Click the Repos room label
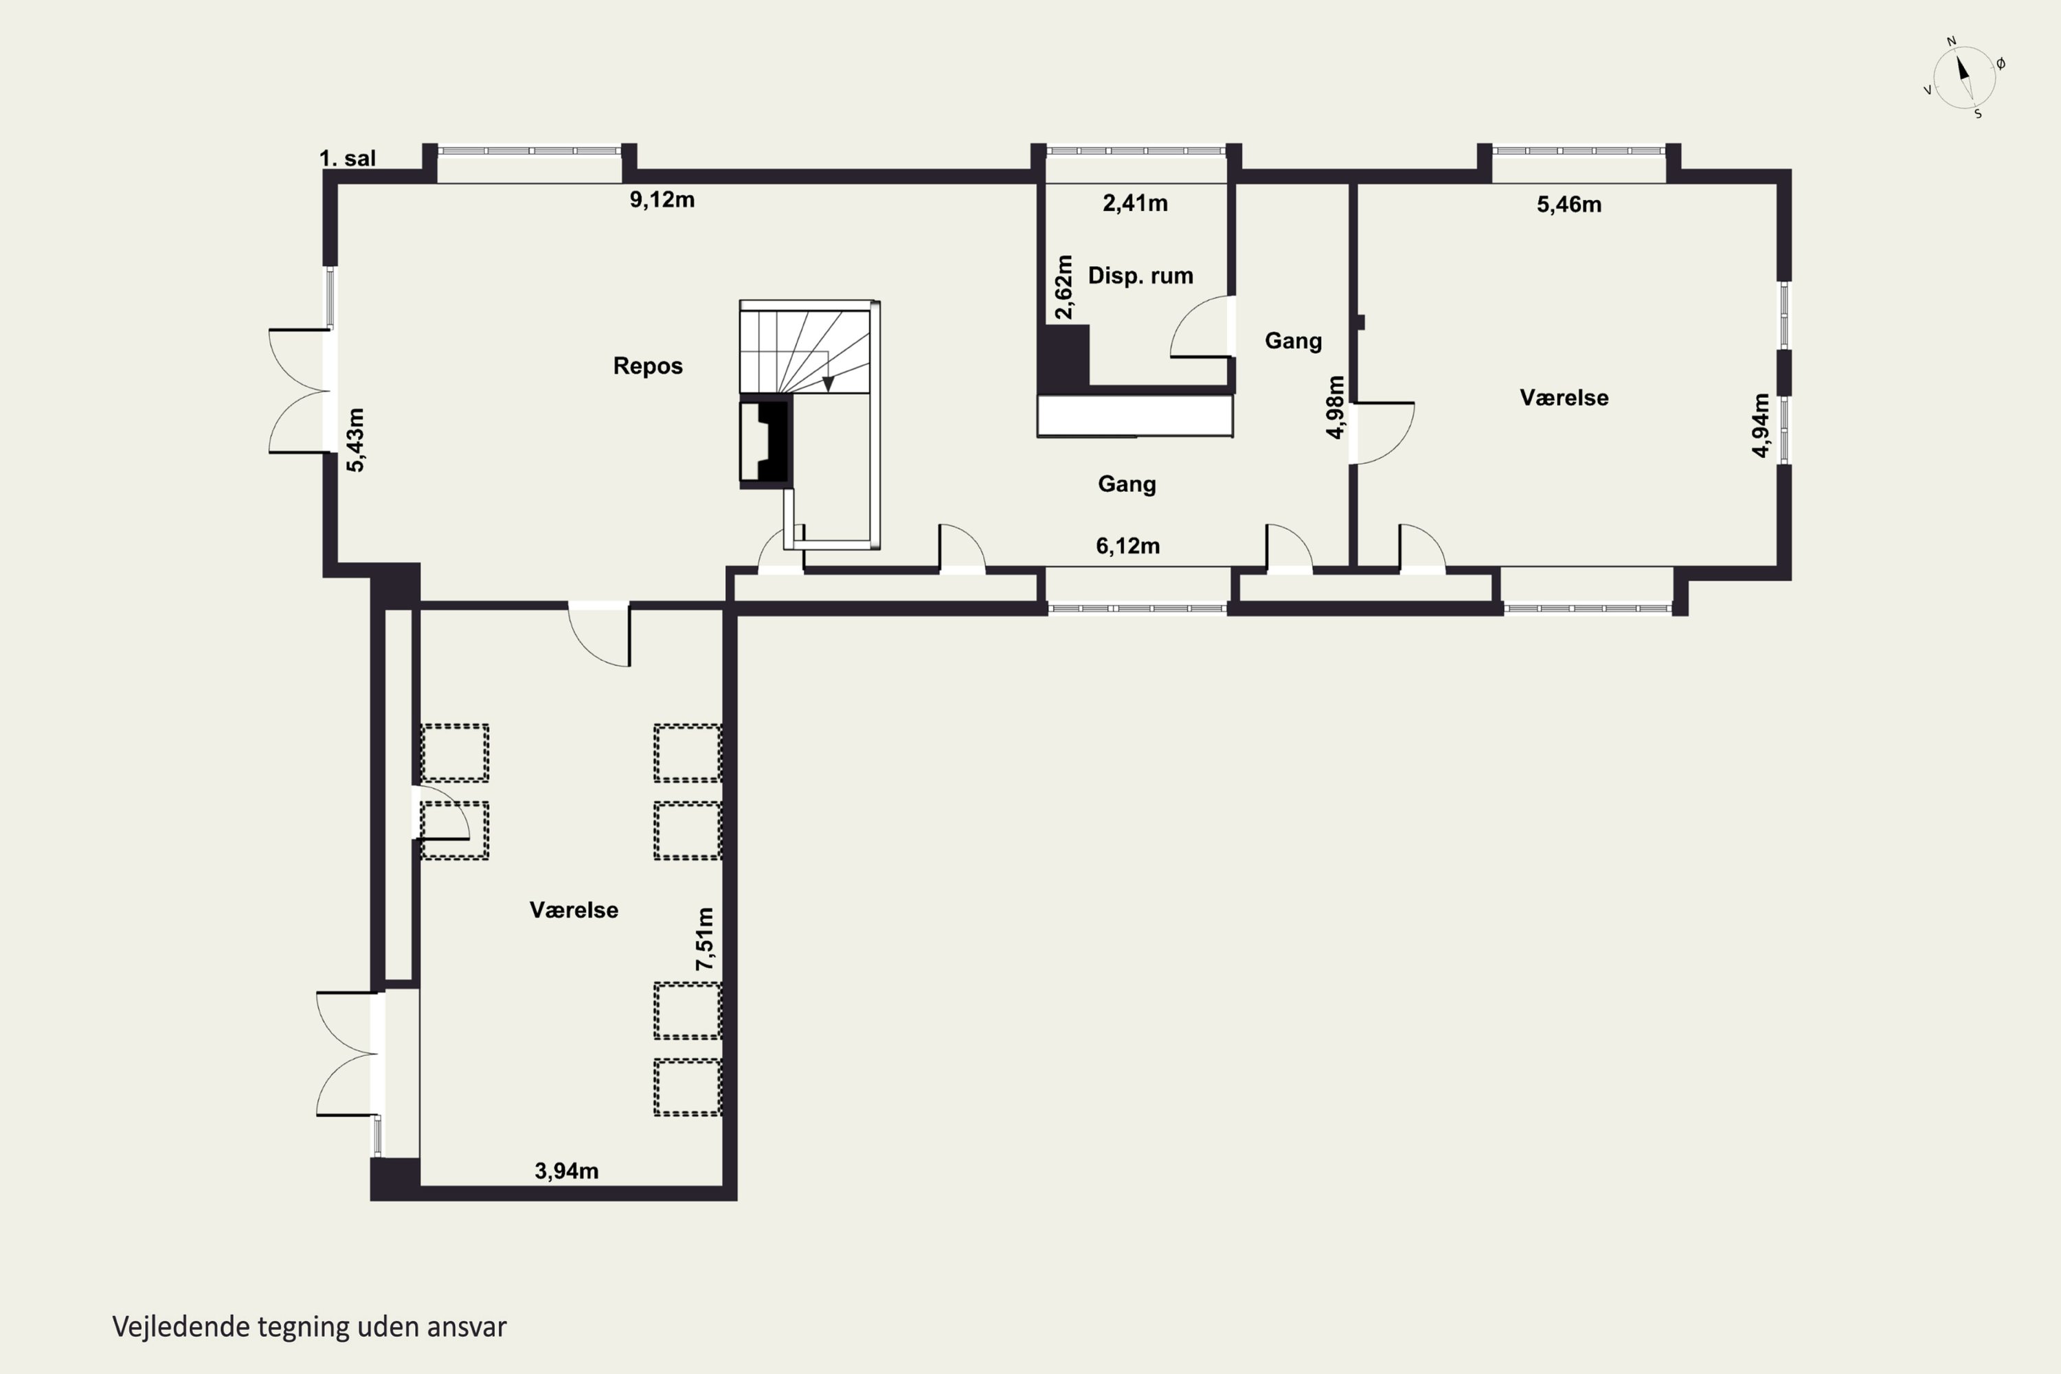pyautogui.click(x=648, y=366)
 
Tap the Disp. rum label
pyautogui.click(x=1140, y=276)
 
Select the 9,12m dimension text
pyautogui.click(x=662, y=201)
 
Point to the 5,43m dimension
pyautogui.click(x=355, y=440)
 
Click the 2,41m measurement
pyautogui.click(x=1135, y=204)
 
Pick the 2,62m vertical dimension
pyautogui.click(x=1063, y=287)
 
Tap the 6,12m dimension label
pyautogui.click(x=1128, y=547)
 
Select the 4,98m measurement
pyautogui.click(x=1336, y=407)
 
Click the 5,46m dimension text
pyautogui.click(x=1569, y=205)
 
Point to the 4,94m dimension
pyautogui.click(x=1760, y=425)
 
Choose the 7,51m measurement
pyautogui.click(x=705, y=938)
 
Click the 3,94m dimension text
pyautogui.click(x=567, y=1171)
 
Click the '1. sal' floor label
pyautogui.click(x=347, y=159)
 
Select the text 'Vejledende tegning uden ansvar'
pyautogui.click(x=309, y=1327)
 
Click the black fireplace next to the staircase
pyautogui.click(x=766, y=442)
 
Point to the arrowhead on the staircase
pyautogui.click(x=828, y=385)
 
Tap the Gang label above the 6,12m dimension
pyautogui.click(x=1127, y=484)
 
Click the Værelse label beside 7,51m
pyautogui.click(x=574, y=910)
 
